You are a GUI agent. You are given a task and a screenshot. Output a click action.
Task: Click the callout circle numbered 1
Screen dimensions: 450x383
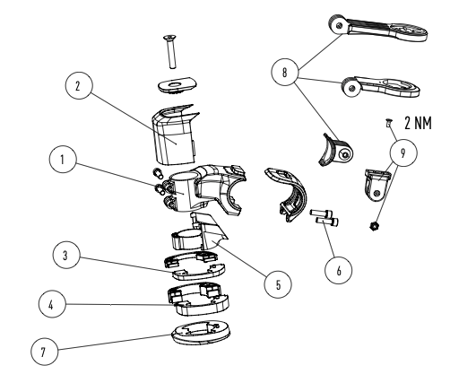[63, 160]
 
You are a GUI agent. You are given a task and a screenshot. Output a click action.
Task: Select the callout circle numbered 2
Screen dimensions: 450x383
[79, 85]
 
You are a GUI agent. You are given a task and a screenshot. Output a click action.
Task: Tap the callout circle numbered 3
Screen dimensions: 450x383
[66, 255]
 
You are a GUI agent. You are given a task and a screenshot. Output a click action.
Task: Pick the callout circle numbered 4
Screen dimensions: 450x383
[52, 304]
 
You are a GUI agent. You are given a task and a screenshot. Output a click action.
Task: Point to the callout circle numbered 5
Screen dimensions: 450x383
[278, 284]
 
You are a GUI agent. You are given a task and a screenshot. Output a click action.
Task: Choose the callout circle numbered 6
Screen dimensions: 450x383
[339, 270]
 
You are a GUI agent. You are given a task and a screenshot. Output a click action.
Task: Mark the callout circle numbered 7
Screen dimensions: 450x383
[45, 352]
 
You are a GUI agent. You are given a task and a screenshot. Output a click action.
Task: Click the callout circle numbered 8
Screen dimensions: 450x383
[285, 72]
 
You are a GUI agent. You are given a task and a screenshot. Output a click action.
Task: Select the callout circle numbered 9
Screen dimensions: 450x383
[403, 152]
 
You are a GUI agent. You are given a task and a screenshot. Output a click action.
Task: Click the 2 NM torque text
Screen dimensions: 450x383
[419, 123]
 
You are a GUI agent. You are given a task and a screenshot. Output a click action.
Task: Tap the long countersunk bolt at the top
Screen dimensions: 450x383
[171, 52]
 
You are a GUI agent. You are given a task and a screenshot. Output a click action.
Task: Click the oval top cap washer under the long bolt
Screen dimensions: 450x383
[177, 85]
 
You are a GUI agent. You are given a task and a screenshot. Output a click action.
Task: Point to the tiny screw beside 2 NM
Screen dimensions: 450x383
[388, 123]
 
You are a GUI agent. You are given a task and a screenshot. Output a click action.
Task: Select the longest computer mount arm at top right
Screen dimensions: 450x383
[378, 28]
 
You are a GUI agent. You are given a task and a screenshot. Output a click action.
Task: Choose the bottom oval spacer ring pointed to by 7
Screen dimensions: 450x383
[201, 333]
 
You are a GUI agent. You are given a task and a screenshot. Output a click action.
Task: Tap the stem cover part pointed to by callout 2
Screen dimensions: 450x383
[176, 135]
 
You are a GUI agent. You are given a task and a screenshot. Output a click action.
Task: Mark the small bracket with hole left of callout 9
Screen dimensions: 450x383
[376, 185]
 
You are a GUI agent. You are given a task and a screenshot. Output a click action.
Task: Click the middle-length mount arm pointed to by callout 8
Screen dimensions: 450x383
[380, 87]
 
